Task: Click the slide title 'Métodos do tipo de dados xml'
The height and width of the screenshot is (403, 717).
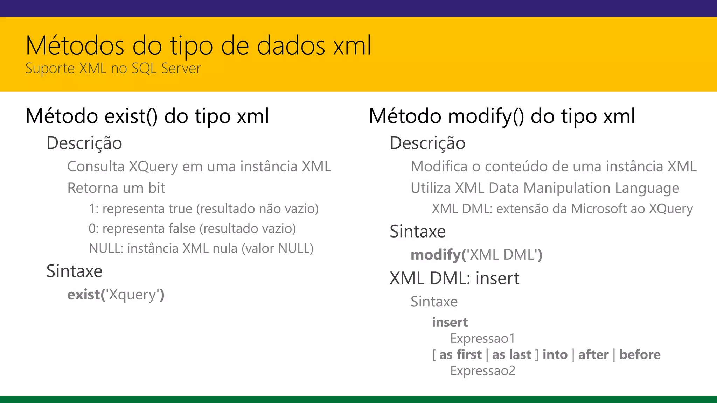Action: point(198,45)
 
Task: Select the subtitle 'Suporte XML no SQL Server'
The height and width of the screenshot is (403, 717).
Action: point(113,68)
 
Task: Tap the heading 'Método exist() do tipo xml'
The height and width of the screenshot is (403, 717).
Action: point(147,116)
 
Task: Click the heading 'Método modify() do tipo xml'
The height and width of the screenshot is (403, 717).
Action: point(502,116)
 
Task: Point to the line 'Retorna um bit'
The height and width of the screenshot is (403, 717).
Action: point(116,188)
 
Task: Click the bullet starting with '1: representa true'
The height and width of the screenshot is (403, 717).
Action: point(203,209)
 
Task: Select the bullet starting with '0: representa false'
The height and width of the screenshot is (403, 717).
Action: point(192,229)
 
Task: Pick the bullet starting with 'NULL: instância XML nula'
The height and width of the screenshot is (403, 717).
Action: point(201,249)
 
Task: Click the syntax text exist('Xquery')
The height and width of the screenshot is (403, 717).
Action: point(116,295)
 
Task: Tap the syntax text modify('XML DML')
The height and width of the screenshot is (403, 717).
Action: point(476,255)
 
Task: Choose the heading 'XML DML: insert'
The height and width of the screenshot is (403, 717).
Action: point(454,278)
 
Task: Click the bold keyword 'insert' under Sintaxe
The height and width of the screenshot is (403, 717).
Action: point(450,322)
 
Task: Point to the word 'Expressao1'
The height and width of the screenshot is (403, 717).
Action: point(482,338)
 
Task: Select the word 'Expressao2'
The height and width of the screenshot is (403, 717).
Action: point(482,370)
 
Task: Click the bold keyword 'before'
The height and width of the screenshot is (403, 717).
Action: point(640,354)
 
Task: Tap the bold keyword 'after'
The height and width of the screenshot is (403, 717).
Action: point(593,354)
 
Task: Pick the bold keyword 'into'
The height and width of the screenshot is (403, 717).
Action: point(555,354)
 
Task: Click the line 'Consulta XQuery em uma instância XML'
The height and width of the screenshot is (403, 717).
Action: point(199,167)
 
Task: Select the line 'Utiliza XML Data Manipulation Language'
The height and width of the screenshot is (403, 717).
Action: point(545,188)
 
